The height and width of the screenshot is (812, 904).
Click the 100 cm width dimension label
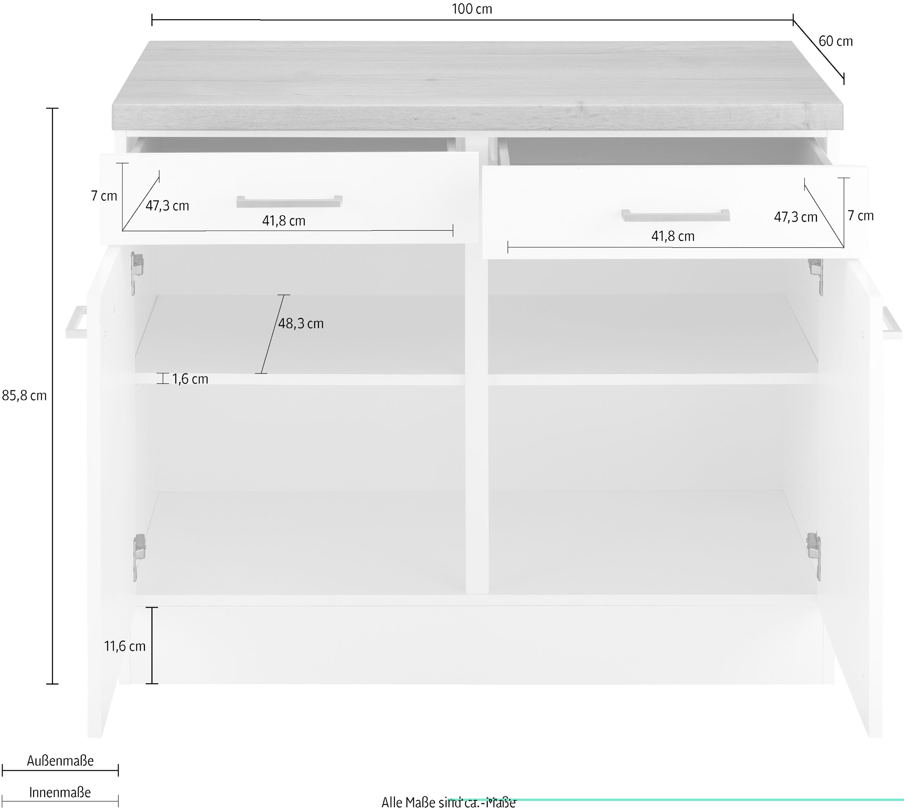pos(472,9)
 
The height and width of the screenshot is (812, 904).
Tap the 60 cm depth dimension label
pos(836,41)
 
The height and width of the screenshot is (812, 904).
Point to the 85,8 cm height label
pos(24,396)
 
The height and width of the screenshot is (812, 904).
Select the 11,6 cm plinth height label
pos(125,646)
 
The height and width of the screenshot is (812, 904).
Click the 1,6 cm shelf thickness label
pos(190,379)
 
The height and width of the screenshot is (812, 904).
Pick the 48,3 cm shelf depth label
pos(301,323)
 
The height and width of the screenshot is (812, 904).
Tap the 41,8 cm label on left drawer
pos(284,221)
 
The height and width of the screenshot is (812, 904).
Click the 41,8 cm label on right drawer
pos(673,236)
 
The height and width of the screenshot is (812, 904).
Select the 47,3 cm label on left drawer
pos(167,206)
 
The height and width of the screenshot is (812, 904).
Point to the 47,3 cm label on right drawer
pos(795,217)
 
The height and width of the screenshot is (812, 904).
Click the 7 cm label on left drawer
pos(104,196)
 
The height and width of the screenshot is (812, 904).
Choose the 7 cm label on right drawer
pos(860,216)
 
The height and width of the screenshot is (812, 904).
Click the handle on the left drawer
pos(289,202)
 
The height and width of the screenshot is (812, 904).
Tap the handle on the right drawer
pos(676,216)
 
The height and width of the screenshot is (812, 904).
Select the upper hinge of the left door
pos(136,273)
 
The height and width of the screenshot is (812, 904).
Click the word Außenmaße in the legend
pos(60,761)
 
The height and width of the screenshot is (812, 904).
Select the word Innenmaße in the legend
pos(60,792)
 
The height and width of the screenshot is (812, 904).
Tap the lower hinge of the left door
pos(139,558)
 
